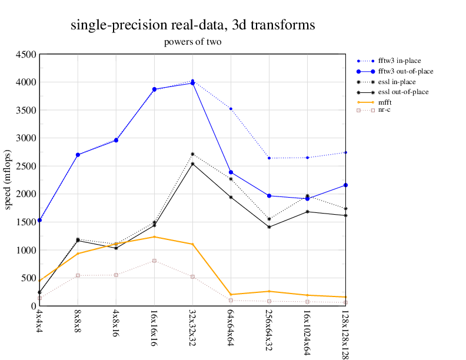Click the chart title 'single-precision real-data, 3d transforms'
192,25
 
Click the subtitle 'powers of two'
192,42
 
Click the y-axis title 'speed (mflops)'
8,179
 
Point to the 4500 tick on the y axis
25,54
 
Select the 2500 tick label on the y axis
25,166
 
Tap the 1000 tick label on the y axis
25,250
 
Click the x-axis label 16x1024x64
307,332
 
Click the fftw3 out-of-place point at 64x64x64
231,172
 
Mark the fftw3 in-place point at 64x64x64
231,109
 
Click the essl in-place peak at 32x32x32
192,154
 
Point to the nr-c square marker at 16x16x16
154,261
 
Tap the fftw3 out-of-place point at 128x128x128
345,185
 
